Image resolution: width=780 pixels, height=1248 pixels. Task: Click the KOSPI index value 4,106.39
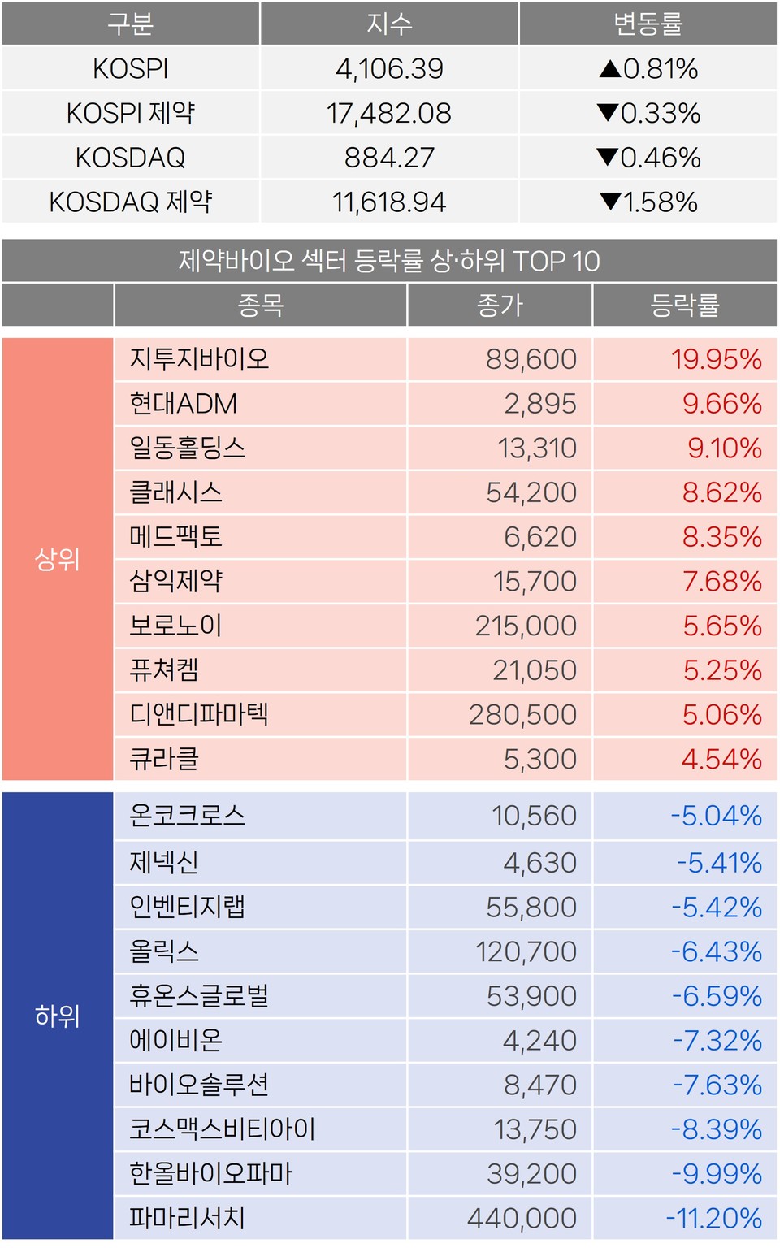tap(389, 69)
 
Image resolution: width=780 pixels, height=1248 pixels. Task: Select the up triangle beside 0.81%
tap(610, 69)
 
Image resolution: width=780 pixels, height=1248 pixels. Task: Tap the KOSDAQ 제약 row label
tap(130, 201)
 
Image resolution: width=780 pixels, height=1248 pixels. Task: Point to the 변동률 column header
tap(648, 24)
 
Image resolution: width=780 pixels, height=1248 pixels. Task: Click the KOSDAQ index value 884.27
tap(389, 158)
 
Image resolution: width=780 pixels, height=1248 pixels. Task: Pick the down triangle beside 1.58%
tap(610, 201)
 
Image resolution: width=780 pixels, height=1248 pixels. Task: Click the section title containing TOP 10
tap(389, 261)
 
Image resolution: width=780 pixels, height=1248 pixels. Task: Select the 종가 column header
tap(500, 305)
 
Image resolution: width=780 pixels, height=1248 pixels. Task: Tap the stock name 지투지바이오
tap(199, 359)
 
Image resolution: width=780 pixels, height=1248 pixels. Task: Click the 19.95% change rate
tap(716, 359)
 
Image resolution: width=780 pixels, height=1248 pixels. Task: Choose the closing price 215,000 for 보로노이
tap(526, 626)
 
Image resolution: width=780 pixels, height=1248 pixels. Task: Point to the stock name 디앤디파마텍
tap(199, 715)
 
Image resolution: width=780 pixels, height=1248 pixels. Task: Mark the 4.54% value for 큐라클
tap(721, 760)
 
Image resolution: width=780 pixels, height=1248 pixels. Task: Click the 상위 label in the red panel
tap(57, 559)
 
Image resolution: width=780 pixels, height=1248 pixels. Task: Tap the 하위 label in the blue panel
tap(57, 1016)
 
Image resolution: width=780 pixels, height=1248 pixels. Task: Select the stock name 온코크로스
tap(188, 816)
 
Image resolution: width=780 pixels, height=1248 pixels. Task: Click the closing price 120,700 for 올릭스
tap(526, 951)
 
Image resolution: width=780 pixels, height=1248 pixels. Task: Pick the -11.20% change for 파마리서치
tap(713, 1218)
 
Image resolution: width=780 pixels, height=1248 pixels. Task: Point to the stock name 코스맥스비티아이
tap(222, 1129)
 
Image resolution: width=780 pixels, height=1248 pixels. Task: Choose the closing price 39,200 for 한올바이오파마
tap(531, 1174)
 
